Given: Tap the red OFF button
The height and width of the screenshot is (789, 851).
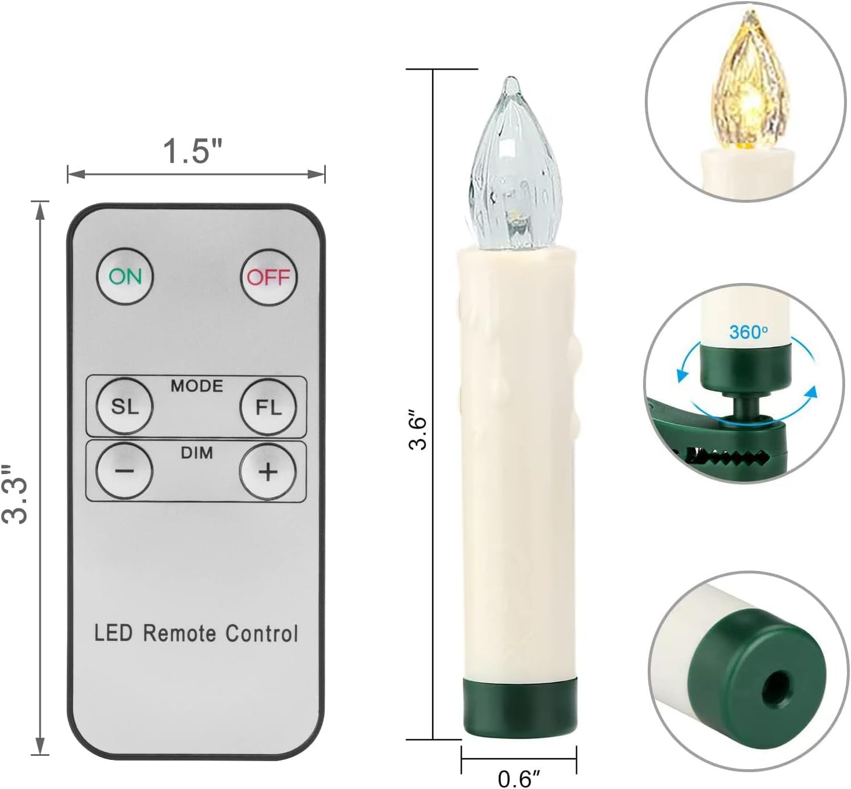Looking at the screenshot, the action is [x=269, y=277].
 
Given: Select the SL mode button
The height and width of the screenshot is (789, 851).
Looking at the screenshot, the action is [x=125, y=406].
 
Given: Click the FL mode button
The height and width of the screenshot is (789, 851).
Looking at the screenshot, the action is [x=268, y=407].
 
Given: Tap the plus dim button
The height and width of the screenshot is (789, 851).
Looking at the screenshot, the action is [x=268, y=472].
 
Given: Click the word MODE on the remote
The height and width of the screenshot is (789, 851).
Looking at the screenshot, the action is [x=197, y=386].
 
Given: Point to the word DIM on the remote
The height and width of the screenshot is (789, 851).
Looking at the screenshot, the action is [x=197, y=453].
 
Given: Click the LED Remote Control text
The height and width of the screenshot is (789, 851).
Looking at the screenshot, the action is [x=196, y=633].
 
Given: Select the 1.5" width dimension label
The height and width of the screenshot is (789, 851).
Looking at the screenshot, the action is [x=193, y=151].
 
